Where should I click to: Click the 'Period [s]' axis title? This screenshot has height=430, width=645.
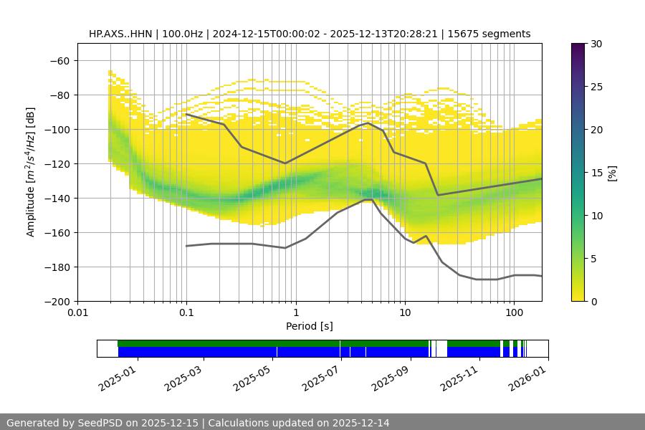point(310,326)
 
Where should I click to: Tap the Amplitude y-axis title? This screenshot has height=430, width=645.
point(31,172)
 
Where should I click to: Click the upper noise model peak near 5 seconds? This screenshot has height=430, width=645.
point(368,123)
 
